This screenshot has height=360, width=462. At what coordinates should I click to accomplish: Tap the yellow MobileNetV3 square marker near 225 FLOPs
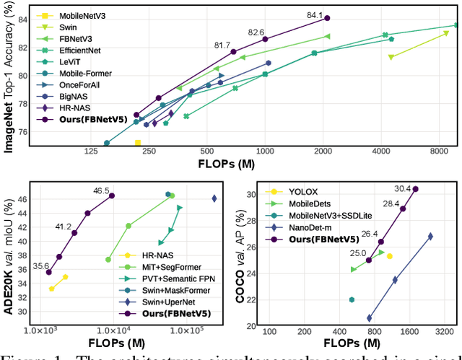point(138,143)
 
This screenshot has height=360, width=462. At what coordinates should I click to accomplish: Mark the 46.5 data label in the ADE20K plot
point(102,190)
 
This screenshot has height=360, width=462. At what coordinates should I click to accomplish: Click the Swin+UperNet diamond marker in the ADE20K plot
point(214,198)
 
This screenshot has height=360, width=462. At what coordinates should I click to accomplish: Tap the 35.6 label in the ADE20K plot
point(41,265)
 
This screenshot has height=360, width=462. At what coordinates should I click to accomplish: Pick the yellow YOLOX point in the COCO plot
point(389,256)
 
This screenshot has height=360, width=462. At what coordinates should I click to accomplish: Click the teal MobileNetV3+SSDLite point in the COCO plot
point(352,299)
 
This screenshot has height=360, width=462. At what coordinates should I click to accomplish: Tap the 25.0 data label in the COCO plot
point(359,253)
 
